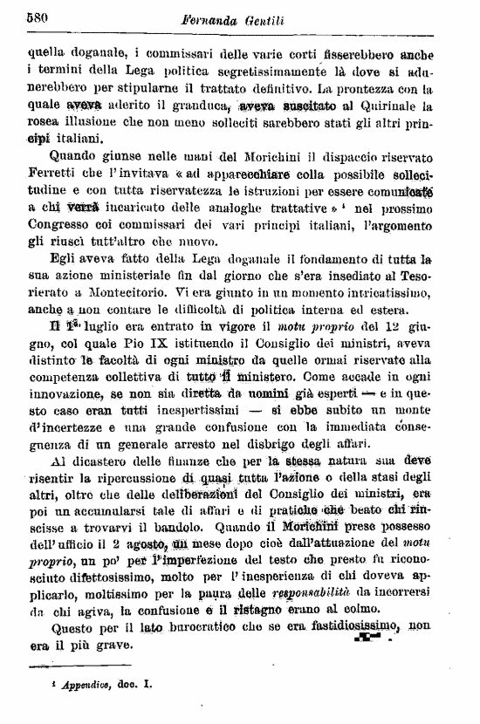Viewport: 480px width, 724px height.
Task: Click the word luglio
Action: pyautogui.click(x=86, y=327)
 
